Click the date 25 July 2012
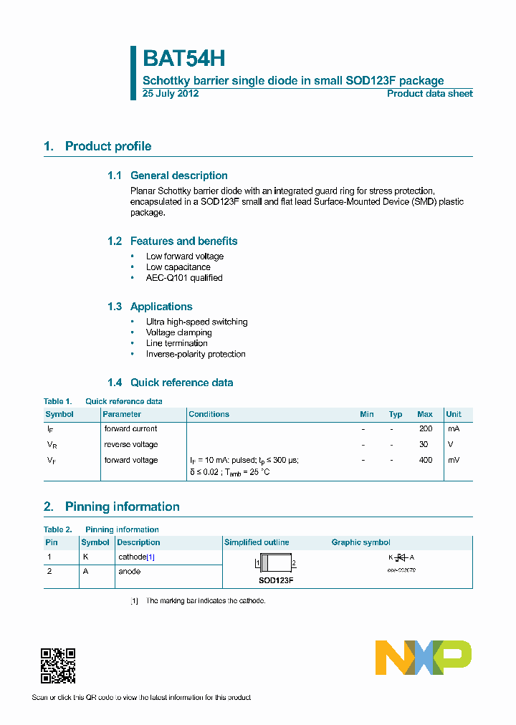(171, 94)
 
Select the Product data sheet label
(429, 94)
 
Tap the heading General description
(178, 176)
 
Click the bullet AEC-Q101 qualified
(184, 278)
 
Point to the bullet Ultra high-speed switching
(196, 322)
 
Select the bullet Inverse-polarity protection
(196, 354)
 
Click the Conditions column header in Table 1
(209, 414)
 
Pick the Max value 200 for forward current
(426, 428)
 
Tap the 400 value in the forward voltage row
(426, 460)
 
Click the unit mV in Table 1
(454, 460)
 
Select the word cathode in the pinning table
(132, 557)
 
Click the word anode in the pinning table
(129, 572)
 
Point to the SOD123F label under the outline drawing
(276, 580)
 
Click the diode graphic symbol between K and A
(401, 557)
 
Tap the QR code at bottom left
(58, 666)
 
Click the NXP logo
(424, 658)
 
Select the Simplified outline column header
(257, 542)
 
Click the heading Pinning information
(122, 507)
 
